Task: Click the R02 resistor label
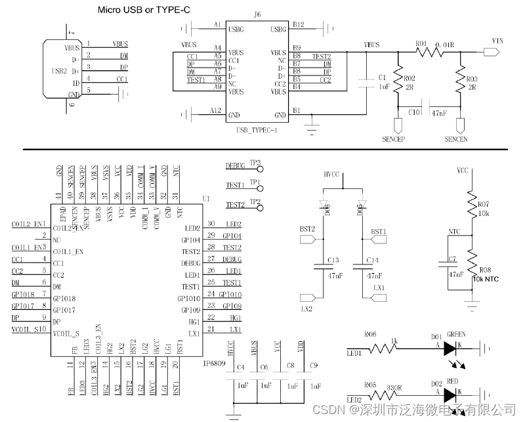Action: [409, 77]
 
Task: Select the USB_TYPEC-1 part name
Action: [256, 131]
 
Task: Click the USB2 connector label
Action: [58, 71]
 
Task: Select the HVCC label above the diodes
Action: [332, 175]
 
